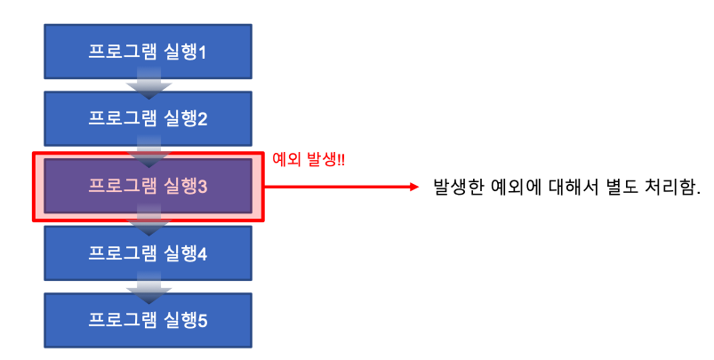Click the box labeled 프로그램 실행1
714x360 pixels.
click(148, 51)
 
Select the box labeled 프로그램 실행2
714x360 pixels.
click(148, 118)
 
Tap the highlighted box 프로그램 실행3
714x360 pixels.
click(148, 186)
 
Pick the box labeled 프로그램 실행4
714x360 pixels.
click(148, 253)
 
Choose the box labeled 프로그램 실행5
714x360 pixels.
click(148, 319)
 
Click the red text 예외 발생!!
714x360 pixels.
click(309, 159)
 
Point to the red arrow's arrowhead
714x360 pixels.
click(413, 188)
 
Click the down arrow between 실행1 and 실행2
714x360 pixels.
click(148, 85)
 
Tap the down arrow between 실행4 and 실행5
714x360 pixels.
click(148, 287)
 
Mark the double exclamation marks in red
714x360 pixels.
click(341, 159)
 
